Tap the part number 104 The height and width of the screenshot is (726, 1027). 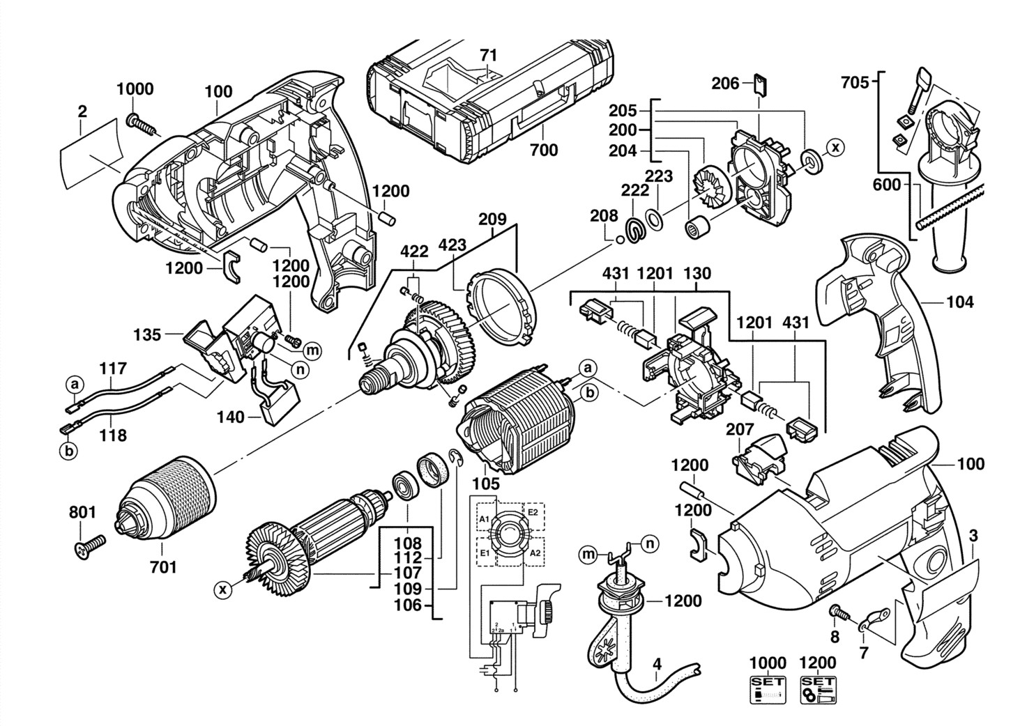click(960, 302)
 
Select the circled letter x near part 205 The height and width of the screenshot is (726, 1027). click(835, 148)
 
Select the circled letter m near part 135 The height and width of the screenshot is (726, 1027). click(312, 350)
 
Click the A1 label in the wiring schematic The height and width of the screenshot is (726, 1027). click(484, 520)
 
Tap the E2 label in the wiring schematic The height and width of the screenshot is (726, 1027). click(533, 511)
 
